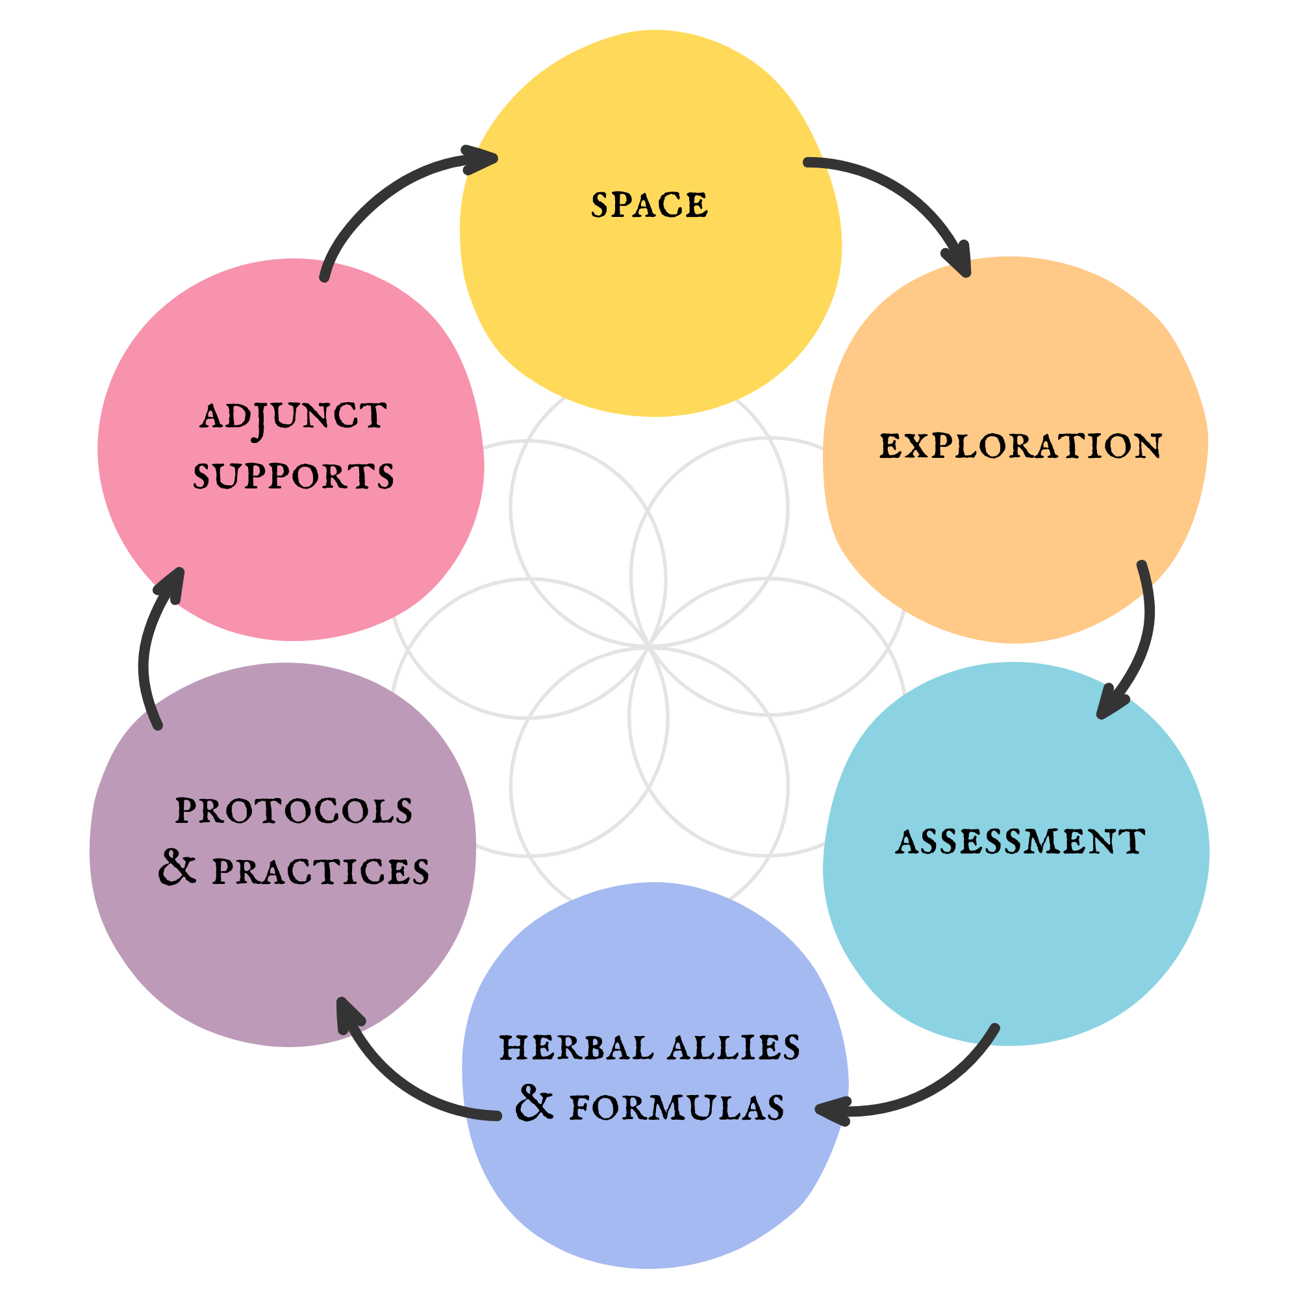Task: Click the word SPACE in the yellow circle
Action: [649, 205]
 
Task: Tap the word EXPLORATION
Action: [1020, 446]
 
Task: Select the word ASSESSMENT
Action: [1020, 842]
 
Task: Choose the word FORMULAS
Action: [676, 1108]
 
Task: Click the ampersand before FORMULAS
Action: [535, 1105]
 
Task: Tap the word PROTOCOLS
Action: [294, 811]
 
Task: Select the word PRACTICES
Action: [321, 872]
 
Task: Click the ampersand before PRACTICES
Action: [177, 868]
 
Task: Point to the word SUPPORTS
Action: [293, 477]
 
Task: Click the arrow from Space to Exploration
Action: [901, 195]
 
